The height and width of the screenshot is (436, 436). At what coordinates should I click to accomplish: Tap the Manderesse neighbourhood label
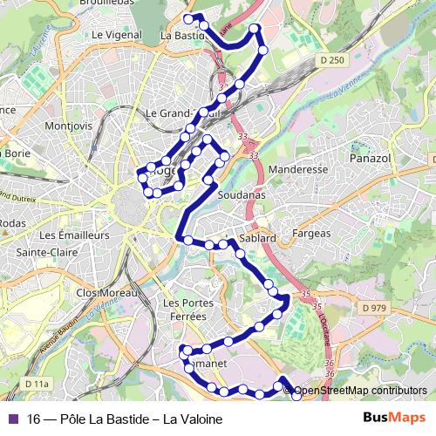(x=298, y=169)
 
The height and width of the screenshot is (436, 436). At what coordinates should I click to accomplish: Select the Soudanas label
(x=242, y=195)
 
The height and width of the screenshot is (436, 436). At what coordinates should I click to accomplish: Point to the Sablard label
(x=256, y=237)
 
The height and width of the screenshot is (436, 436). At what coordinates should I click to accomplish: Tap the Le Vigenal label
(x=116, y=36)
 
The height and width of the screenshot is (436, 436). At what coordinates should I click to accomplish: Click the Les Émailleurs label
(x=74, y=235)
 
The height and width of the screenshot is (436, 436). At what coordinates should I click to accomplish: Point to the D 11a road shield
(x=37, y=383)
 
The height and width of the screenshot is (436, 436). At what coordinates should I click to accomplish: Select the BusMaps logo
(x=393, y=419)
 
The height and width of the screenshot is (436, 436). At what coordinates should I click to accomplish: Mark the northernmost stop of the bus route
(x=188, y=18)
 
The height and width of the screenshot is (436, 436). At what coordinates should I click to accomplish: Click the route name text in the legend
(x=125, y=419)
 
